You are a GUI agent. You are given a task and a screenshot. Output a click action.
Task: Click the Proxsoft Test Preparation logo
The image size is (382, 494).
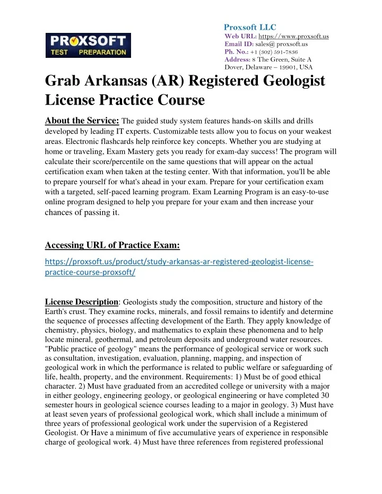coord(88,45)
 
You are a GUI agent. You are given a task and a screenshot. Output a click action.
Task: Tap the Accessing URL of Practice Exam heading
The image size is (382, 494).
coord(112,245)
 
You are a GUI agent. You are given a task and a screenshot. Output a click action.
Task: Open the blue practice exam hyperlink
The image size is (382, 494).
coord(179,266)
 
